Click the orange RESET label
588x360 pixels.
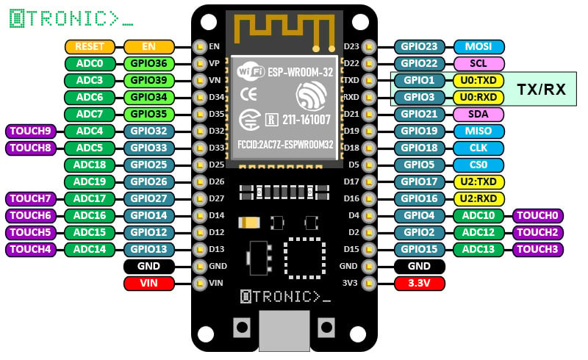(90, 46)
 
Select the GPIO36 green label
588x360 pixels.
(149, 63)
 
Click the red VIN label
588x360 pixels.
(149, 283)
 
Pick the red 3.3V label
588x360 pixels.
(419, 283)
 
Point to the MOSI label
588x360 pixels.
(478, 46)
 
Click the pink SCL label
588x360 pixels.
(478, 63)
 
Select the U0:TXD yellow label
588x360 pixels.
(478, 80)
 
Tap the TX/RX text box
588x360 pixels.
(541, 89)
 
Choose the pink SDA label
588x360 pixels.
(478, 114)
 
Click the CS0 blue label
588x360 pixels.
(478, 165)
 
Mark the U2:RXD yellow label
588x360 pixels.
(478, 198)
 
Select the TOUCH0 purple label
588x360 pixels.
(538, 215)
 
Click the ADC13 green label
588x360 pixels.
(478, 249)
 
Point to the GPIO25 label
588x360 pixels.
(149, 165)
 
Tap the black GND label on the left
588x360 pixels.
(149, 266)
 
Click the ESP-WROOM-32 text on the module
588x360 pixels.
(300, 71)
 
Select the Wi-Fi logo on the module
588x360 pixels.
(251, 72)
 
